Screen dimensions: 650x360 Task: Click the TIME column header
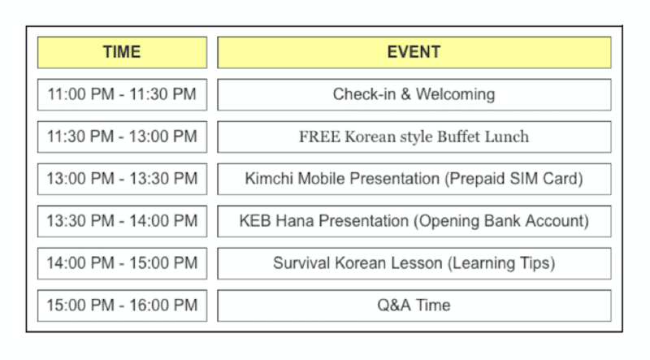pyautogui.click(x=122, y=52)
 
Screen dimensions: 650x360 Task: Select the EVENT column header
pyautogui.click(x=414, y=52)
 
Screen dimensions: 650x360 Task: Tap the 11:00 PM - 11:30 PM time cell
pyautogui.click(x=122, y=94)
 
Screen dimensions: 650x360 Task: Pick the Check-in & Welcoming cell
pyautogui.click(x=414, y=94)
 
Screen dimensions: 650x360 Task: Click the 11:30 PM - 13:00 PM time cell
pyautogui.click(x=122, y=137)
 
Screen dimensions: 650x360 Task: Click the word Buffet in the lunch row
pyautogui.click(x=459, y=137)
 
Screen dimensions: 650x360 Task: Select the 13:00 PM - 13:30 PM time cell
pyautogui.click(x=122, y=179)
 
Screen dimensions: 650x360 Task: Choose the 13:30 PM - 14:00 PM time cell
pyautogui.click(x=122, y=222)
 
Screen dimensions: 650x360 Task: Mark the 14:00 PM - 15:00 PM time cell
pyautogui.click(x=122, y=264)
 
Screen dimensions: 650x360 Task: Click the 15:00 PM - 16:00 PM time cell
pyautogui.click(x=122, y=306)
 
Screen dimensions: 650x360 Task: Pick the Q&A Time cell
pyautogui.click(x=414, y=306)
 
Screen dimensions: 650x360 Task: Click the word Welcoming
pyautogui.click(x=456, y=94)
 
